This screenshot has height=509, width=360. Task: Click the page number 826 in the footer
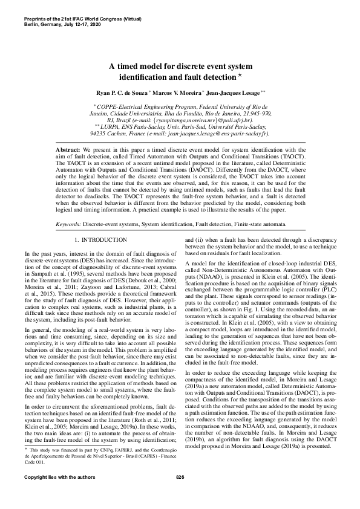[180, 494]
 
